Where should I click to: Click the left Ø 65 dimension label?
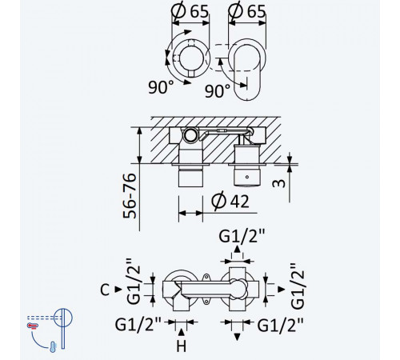pyautogui.click(x=190, y=12)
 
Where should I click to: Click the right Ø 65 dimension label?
pyautogui.click(x=247, y=12)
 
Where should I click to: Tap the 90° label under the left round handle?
pyautogui.click(x=161, y=86)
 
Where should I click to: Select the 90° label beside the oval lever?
pyautogui.click(x=218, y=90)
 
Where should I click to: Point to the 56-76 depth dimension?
pyautogui.click(x=130, y=196)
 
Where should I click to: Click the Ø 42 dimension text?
pyautogui.click(x=230, y=201)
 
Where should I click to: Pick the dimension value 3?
pyautogui.click(x=279, y=183)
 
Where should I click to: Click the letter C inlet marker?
pyautogui.click(x=105, y=290)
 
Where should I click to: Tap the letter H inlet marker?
pyautogui.click(x=182, y=346)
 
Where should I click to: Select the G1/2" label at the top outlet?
pyautogui.click(x=242, y=236)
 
